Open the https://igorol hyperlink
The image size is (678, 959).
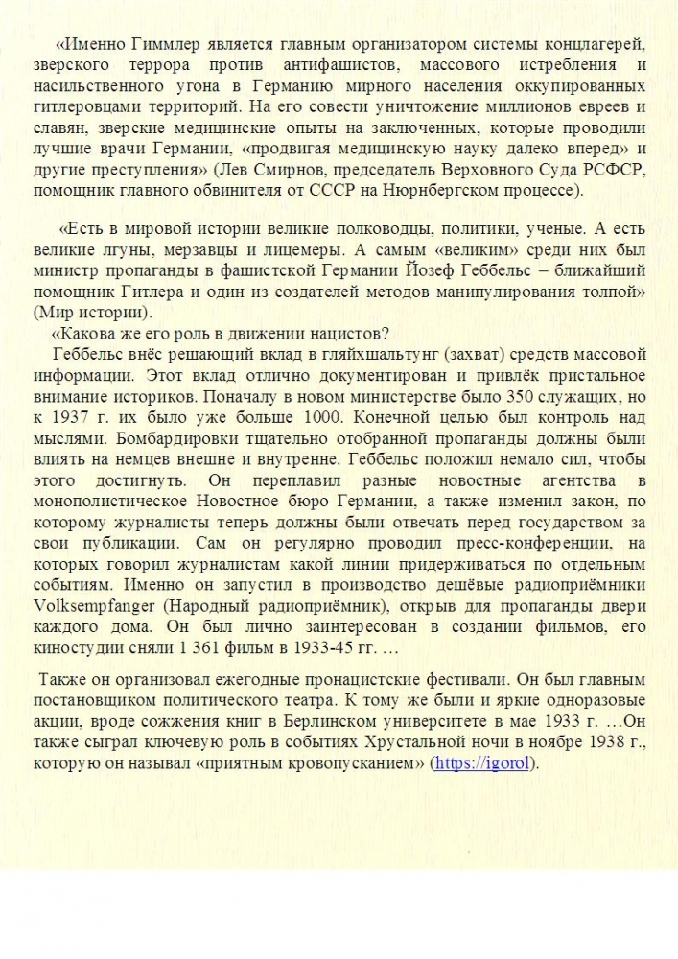tap(484, 764)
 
